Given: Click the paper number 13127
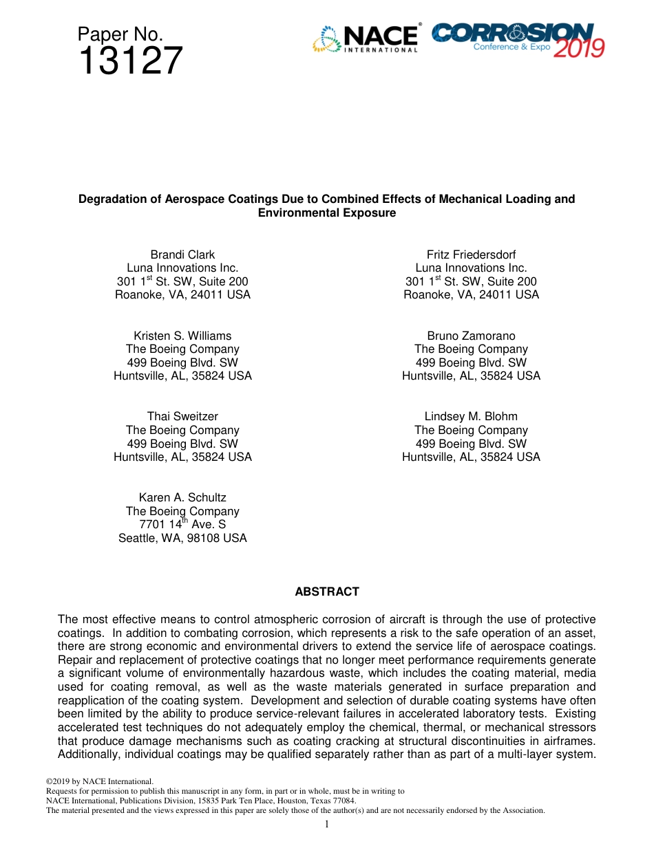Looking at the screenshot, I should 130,62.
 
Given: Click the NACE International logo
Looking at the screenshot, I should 366,39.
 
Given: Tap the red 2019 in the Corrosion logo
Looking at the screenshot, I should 579,48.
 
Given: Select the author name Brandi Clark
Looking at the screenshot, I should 182,254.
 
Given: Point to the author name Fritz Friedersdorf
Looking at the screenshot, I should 471,254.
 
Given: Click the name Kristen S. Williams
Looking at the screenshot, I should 182,336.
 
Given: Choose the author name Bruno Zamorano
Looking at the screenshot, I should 471,336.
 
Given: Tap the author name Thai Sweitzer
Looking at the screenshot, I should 182,416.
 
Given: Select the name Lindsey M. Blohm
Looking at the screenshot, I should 471,416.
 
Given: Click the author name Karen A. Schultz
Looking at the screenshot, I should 182,497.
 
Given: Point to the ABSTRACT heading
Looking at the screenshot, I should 327,592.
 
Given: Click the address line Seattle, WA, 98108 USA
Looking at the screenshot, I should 182,538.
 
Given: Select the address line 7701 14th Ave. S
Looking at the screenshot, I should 182,525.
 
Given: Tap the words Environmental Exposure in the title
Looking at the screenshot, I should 327,213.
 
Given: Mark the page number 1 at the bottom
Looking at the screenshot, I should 327,824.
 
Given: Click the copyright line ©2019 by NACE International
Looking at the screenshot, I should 99,781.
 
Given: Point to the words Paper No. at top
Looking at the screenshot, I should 120,34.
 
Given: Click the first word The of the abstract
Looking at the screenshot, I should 68,620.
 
